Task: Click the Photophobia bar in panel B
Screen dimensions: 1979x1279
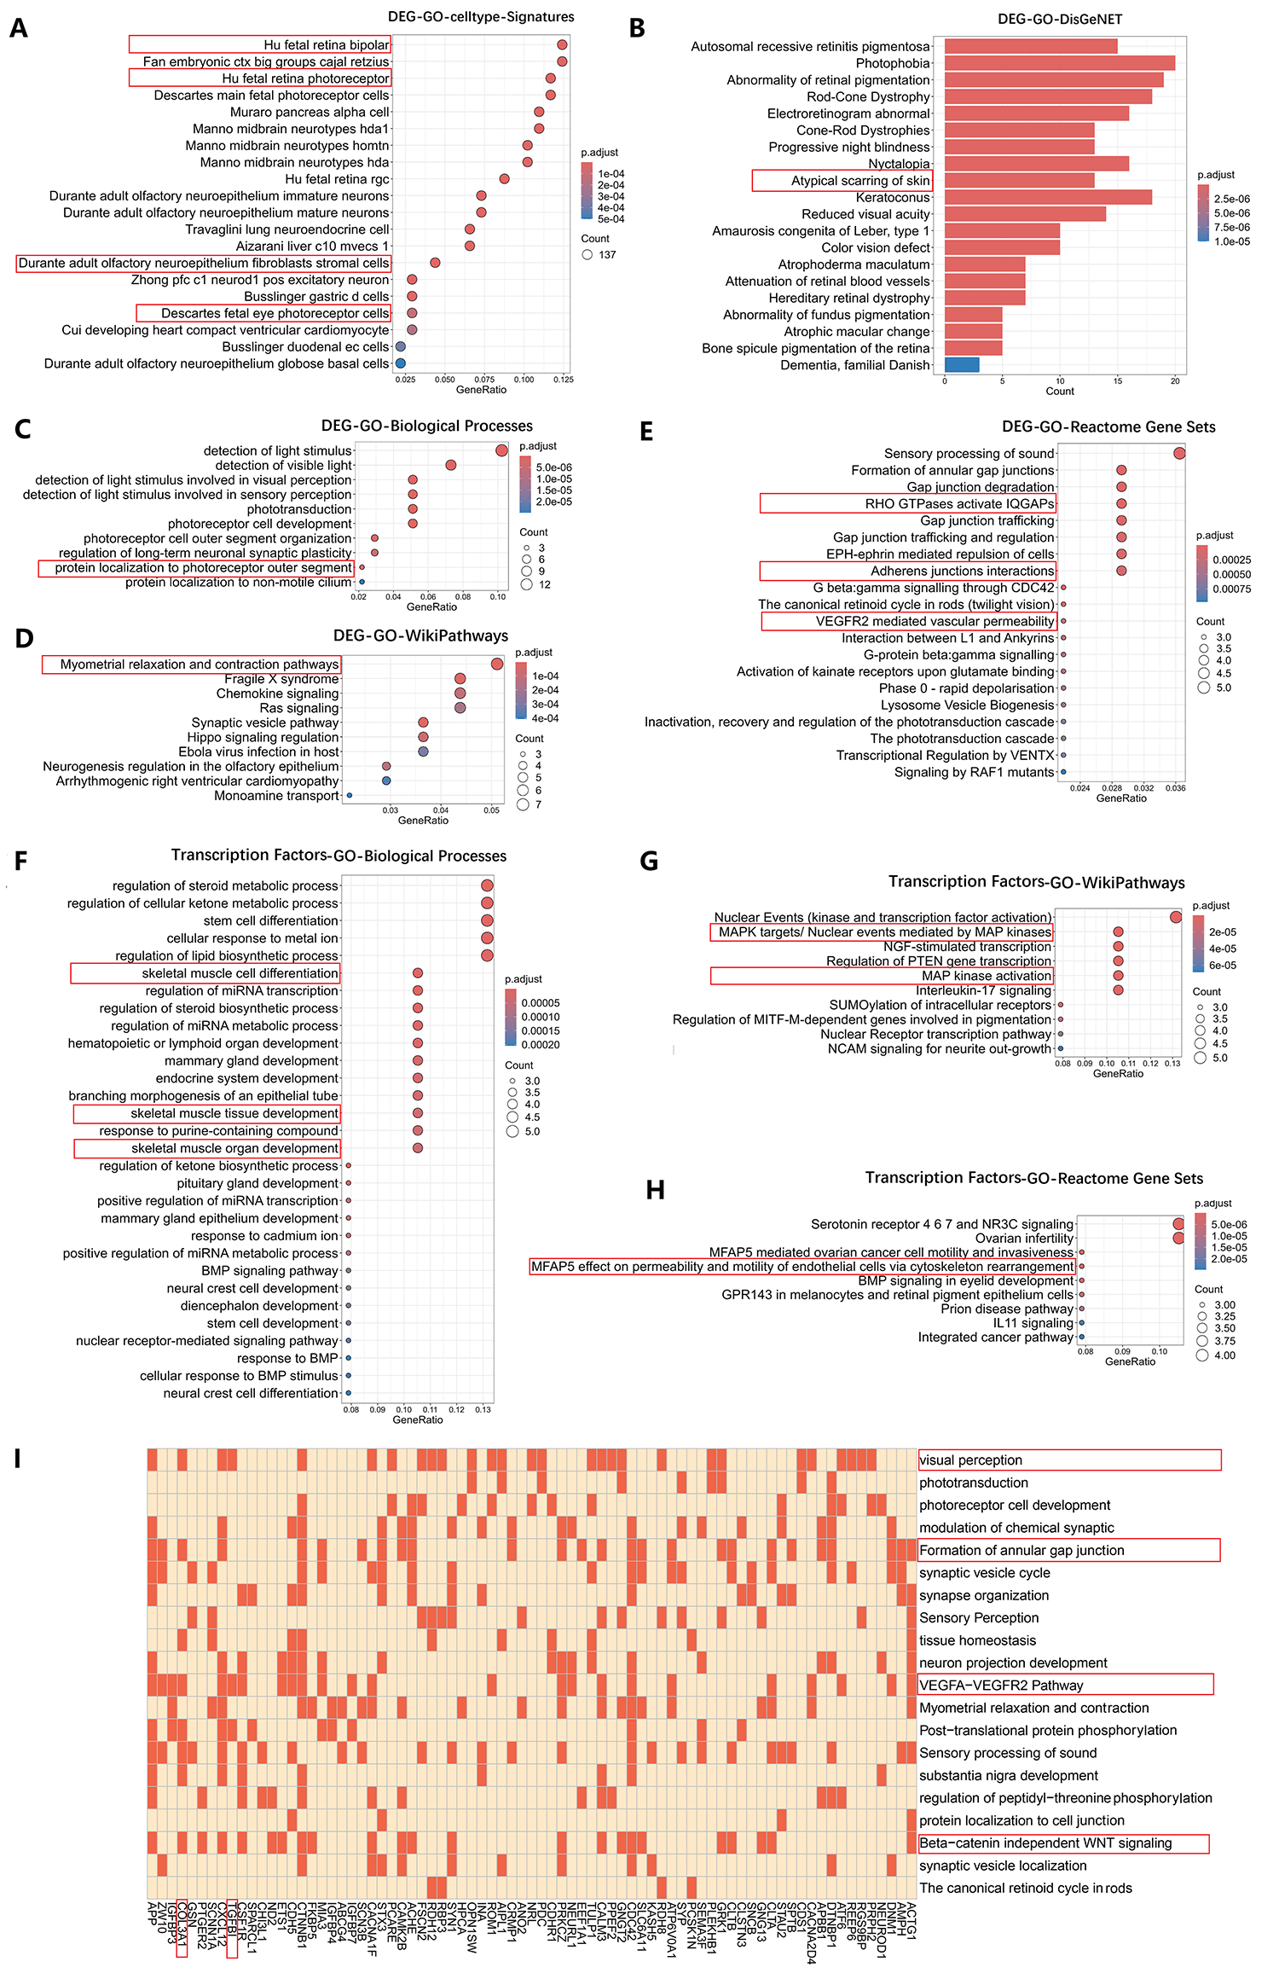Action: tap(1059, 63)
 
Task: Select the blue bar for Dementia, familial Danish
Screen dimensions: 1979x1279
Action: tap(962, 365)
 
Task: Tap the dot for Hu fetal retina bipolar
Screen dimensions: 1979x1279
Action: tap(562, 45)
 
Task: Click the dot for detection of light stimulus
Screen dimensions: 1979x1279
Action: tap(501, 450)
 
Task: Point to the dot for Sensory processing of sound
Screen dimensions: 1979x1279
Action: tap(1179, 453)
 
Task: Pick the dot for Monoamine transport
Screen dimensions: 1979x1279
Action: tap(350, 796)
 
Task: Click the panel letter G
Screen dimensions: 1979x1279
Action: tap(649, 862)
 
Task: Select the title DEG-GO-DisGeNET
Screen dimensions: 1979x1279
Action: tap(1060, 19)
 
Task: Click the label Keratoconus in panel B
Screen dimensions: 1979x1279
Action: tap(893, 197)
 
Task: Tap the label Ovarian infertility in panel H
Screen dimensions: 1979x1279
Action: tap(1024, 1238)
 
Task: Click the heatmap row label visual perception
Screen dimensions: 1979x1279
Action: tap(970, 1460)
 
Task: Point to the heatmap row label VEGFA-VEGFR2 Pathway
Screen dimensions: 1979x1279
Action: tap(1001, 1685)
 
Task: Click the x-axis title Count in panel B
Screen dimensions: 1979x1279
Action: tap(1060, 392)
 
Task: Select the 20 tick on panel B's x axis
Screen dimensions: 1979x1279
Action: tap(1175, 381)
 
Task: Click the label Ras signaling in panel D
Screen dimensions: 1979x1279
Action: tap(298, 708)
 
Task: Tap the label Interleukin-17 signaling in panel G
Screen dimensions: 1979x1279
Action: tap(983, 990)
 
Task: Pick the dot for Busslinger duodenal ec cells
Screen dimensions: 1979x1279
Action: tap(400, 347)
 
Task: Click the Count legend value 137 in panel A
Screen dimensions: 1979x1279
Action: tap(607, 255)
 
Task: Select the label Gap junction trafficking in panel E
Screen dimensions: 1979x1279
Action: tap(987, 520)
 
